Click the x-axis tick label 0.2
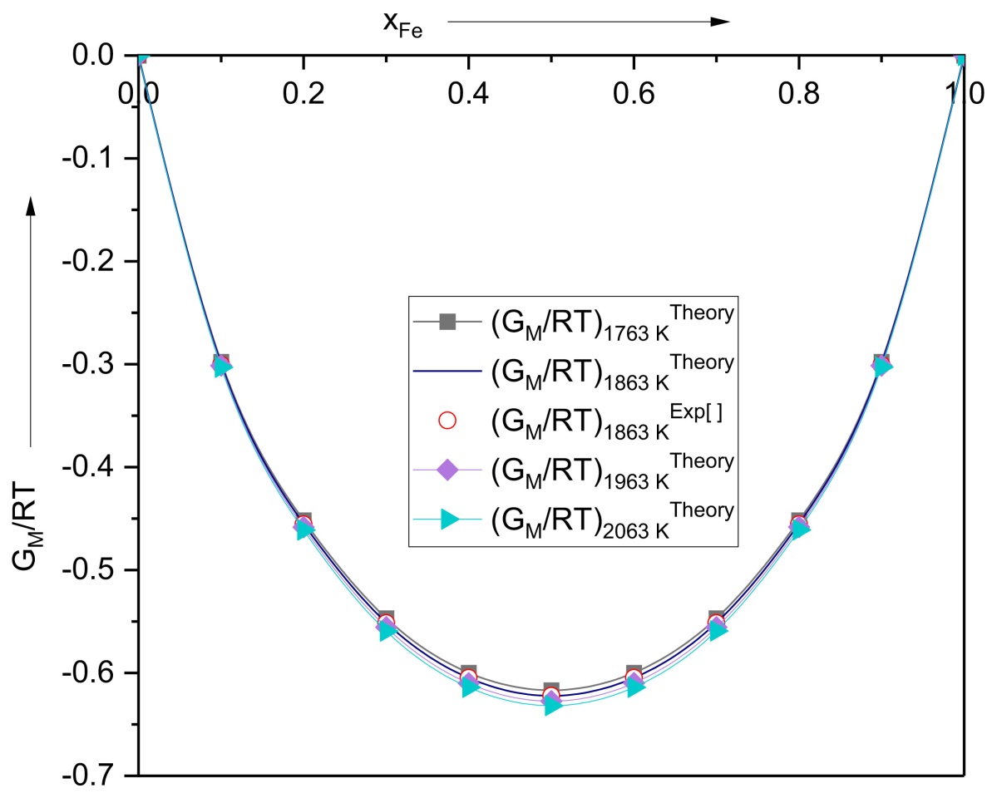(304, 94)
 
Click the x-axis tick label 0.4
(469, 94)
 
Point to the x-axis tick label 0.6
(634, 94)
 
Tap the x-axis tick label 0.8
(799, 94)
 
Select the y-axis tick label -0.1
(89, 157)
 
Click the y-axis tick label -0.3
(89, 363)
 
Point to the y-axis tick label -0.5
(89, 569)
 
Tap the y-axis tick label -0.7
(89, 776)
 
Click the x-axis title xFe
(402, 24)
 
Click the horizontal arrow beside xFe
(589, 22)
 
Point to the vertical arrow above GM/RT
(31, 322)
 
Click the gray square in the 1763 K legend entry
(447, 322)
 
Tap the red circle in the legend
(447, 421)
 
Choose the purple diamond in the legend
(447, 470)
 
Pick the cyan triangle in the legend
(449, 520)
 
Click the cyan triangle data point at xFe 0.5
(552, 704)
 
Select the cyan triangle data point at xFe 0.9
(882, 366)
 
